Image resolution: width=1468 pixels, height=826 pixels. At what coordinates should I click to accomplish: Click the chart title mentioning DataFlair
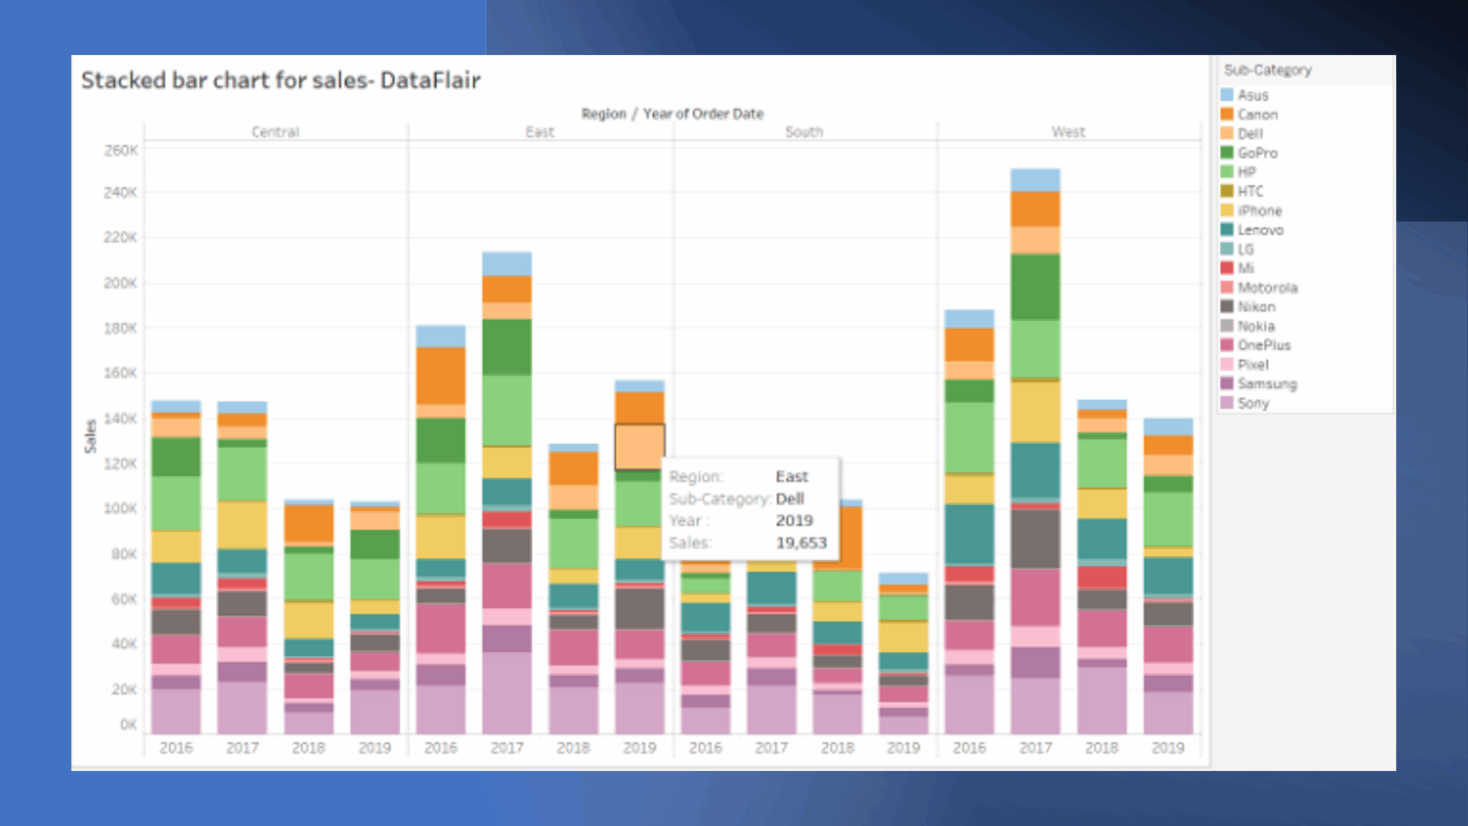[x=280, y=80]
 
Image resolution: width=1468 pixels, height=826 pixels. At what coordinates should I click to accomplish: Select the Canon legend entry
[x=1257, y=115]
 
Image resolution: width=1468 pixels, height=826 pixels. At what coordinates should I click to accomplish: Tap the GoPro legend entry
[x=1257, y=153]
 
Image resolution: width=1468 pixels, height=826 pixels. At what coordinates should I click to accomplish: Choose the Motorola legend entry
[x=1267, y=287]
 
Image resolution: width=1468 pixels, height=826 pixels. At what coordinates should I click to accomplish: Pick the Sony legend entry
[x=1253, y=403]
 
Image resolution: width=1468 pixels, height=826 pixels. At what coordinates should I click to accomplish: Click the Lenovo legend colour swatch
[x=1227, y=230]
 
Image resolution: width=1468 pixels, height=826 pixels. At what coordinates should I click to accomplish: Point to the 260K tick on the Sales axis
[x=120, y=151]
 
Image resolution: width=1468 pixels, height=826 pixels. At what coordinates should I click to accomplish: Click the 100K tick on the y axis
[x=120, y=509]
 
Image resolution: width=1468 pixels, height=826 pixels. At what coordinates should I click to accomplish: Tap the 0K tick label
[x=128, y=724]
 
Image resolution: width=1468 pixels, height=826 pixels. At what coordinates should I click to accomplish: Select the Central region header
[x=276, y=132]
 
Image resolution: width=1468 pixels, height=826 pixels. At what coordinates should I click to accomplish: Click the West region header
[x=1068, y=132]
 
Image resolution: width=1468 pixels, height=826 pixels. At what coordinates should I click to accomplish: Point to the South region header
[x=804, y=132]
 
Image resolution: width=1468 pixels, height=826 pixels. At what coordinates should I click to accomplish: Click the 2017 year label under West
[x=1035, y=748]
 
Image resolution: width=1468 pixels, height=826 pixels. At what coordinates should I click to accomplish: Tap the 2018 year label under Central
[x=309, y=748]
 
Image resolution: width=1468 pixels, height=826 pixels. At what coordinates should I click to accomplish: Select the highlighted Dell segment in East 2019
[x=639, y=446]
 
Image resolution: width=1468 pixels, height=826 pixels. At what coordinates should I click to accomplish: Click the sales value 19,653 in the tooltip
[x=801, y=543]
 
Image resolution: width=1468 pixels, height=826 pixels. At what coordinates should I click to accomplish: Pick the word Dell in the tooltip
[x=790, y=498]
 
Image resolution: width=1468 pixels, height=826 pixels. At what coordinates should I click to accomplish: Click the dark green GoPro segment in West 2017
[x=1035, y=287]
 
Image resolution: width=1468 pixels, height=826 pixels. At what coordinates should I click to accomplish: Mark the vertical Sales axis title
[x=91, y=436]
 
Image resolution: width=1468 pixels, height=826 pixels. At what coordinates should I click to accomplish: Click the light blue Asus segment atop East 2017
[x=507, y=264]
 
